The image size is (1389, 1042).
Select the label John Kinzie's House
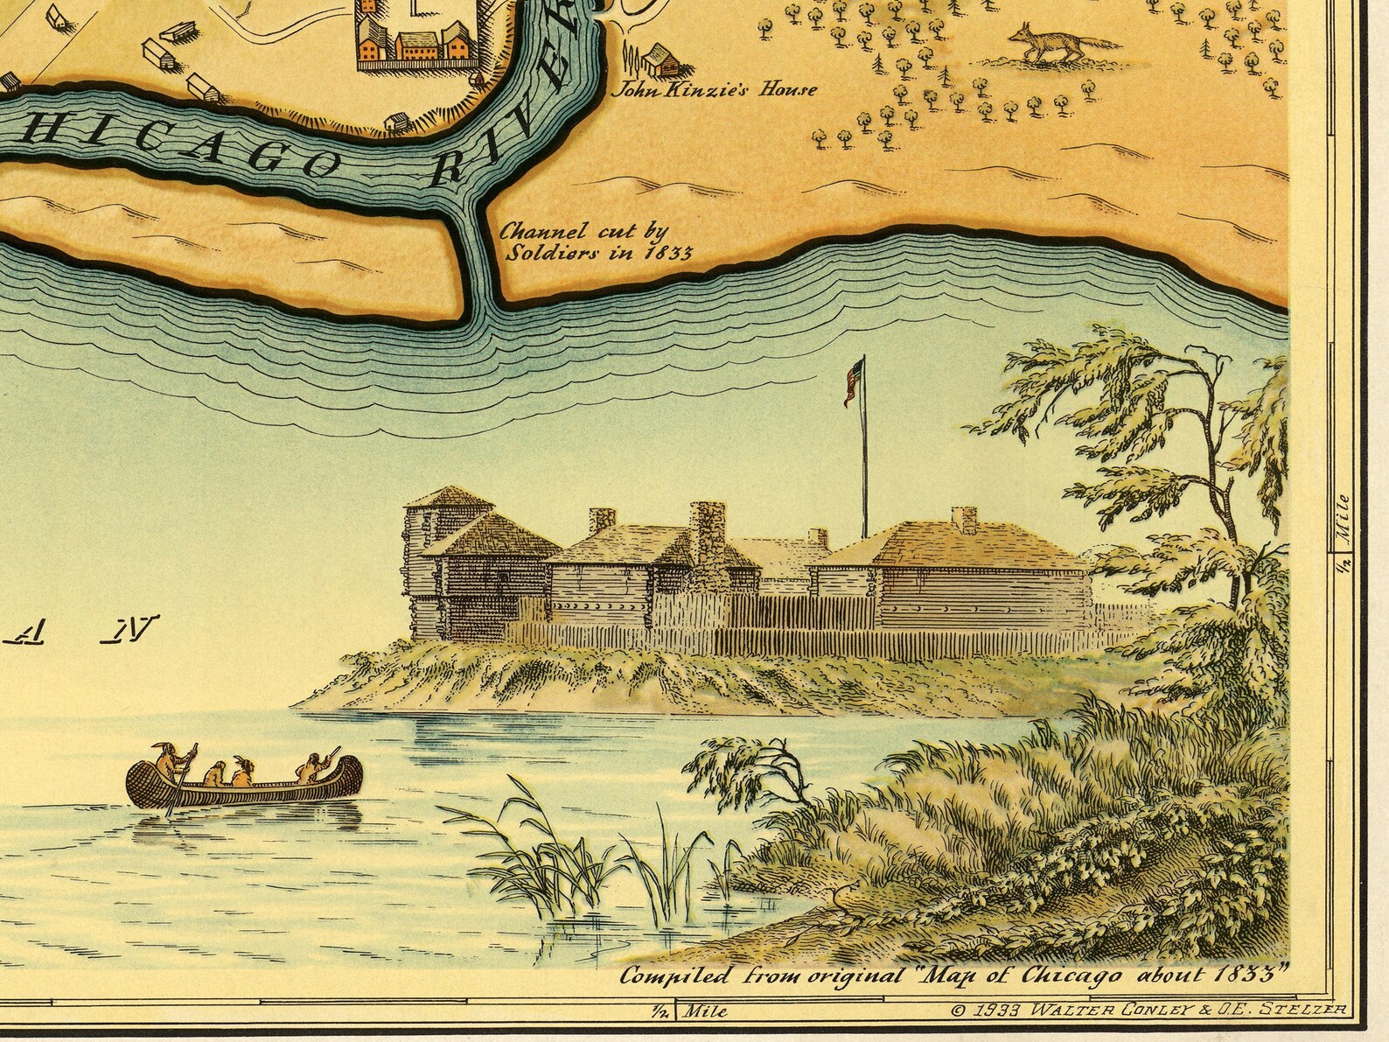[x=718, y=89]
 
